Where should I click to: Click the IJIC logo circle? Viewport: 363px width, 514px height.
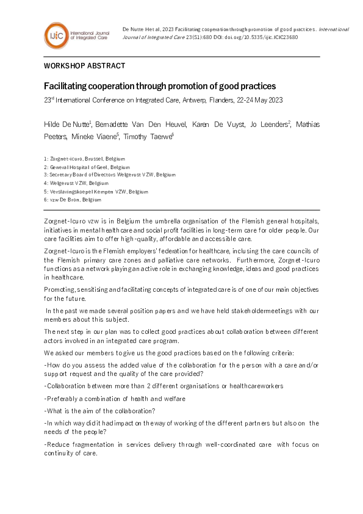(x=56, y=35)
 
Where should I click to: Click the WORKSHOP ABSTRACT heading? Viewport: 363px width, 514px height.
(x=84, y=65)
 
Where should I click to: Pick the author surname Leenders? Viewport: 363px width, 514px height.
(x=273, y=125)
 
